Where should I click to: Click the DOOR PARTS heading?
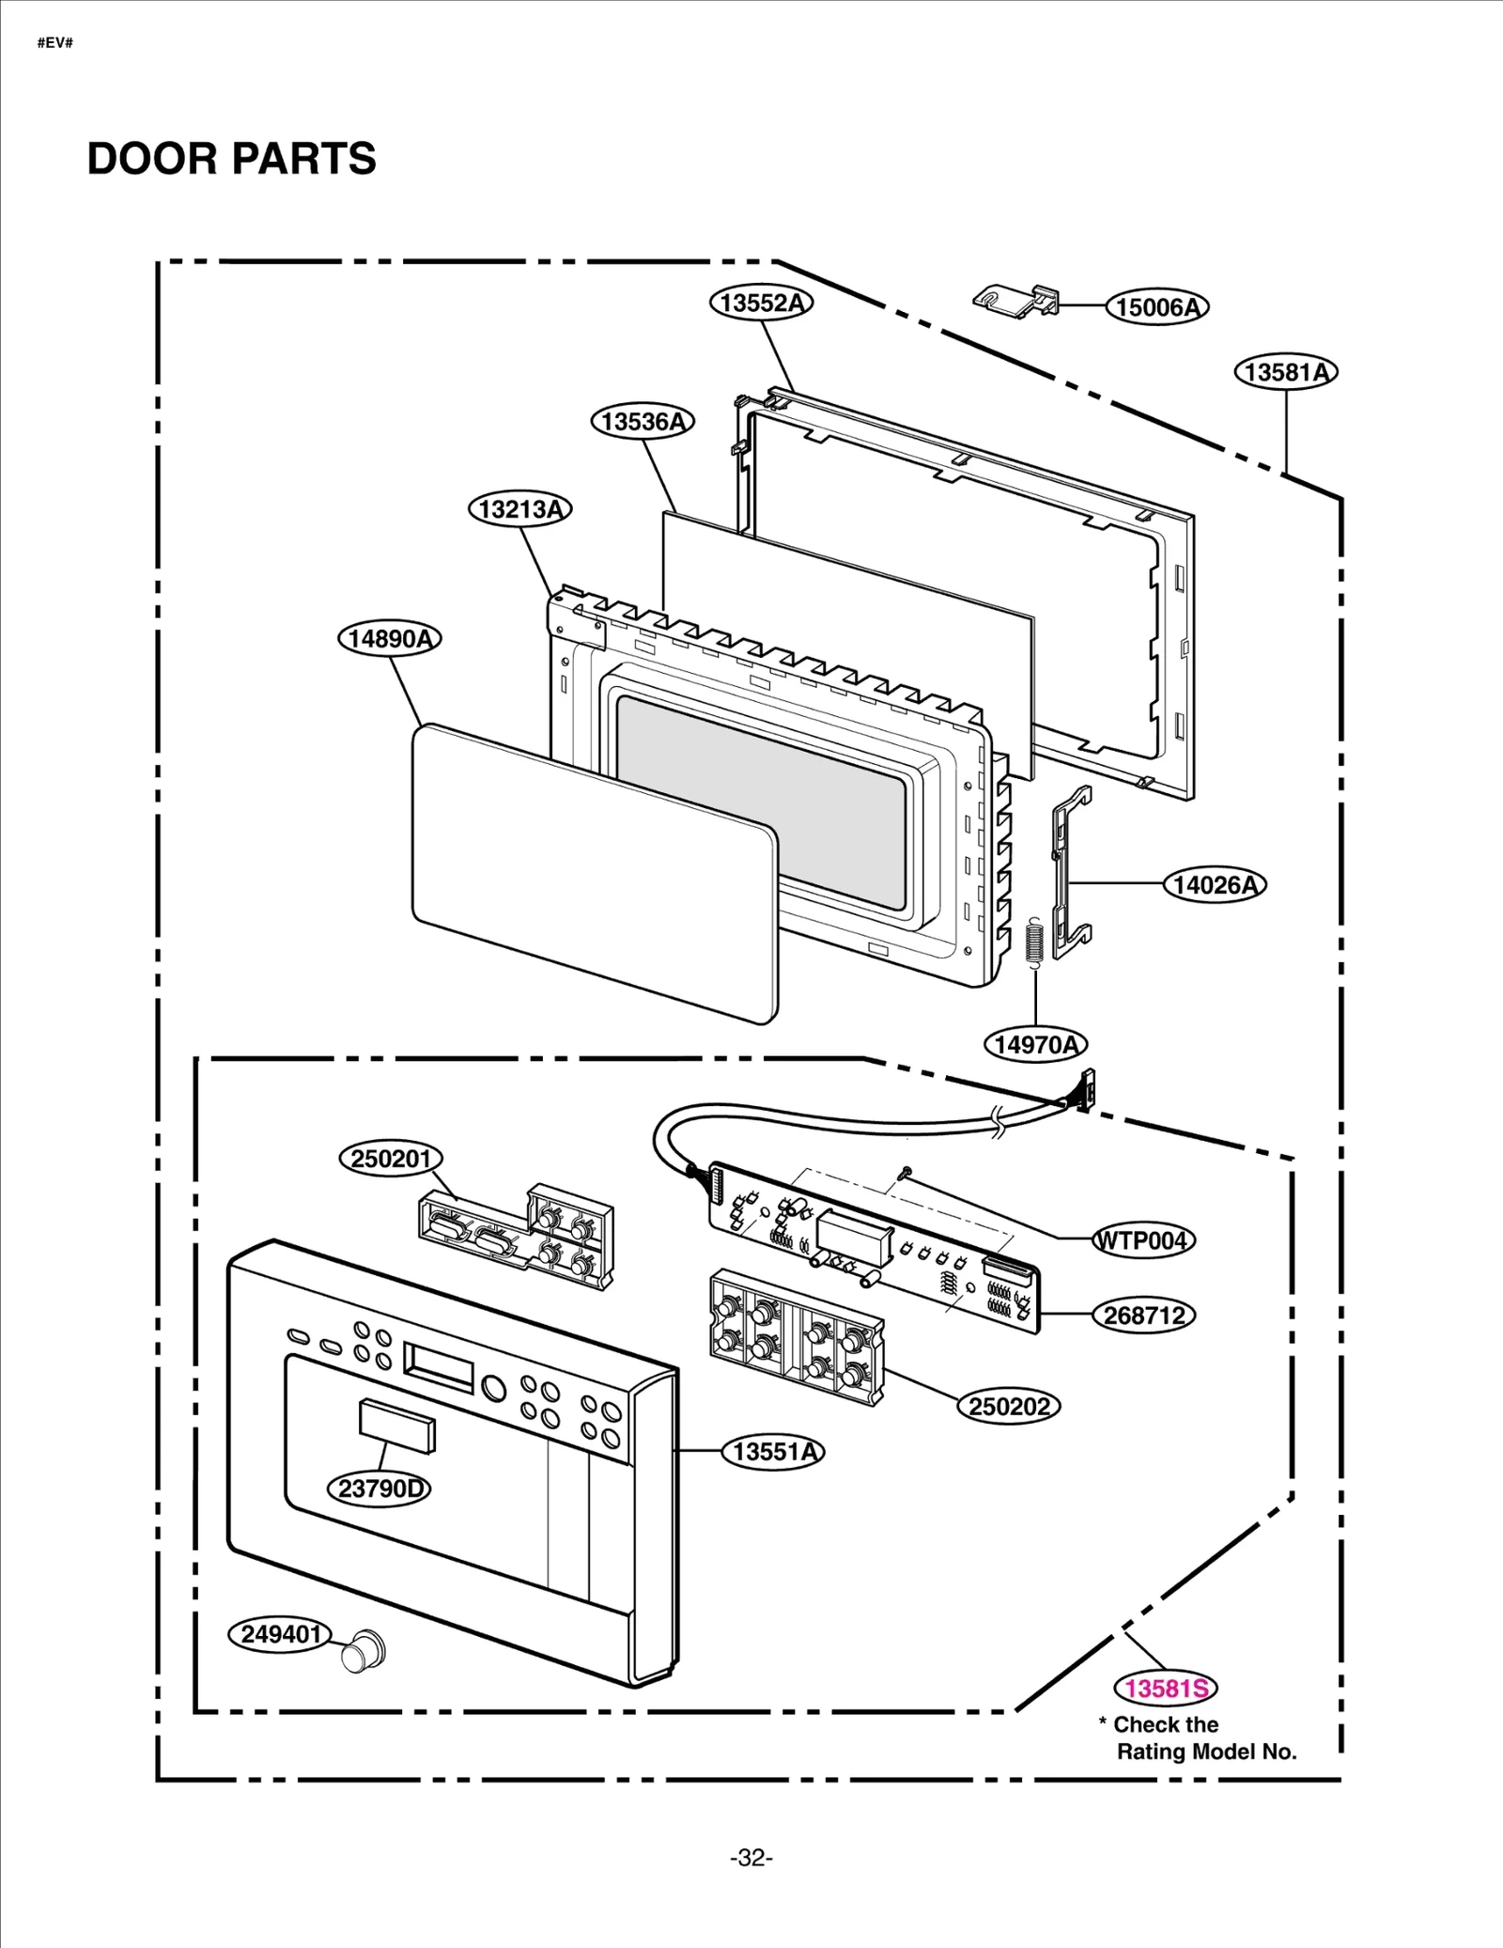point(231,159)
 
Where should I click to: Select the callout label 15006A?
point(1156,307)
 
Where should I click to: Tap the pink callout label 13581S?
point(1165,1689)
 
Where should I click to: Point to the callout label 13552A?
point(761,303)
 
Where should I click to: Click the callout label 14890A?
point(389,639)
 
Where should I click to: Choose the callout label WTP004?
point(1143,1240)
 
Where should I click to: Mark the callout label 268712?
point(1143,1316)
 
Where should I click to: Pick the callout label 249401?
point(280,1634)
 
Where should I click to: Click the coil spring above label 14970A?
point(1034,941)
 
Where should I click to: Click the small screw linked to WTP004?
point(906,1172)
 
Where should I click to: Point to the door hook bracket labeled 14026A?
point(1070,874)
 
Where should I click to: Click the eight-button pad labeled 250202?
point(797,1337)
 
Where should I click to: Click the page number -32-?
point(751,1858)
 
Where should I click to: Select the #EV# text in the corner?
point(55,43)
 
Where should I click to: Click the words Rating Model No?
point(1206,1752)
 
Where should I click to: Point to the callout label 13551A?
point(773,1452)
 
